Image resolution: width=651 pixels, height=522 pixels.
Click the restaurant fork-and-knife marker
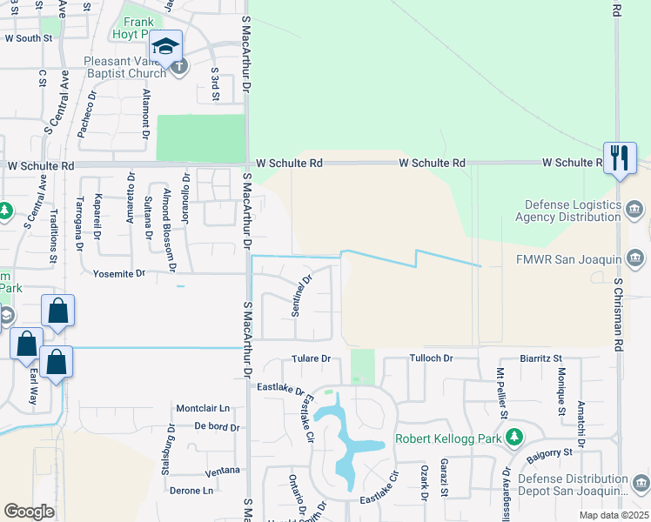[619, 158]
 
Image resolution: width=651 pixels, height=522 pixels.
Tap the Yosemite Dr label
[118, 273]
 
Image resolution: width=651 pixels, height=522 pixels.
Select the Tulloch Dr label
[432, 358]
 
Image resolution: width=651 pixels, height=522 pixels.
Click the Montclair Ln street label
[203, 408]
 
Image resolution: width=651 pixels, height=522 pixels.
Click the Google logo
[29, 512]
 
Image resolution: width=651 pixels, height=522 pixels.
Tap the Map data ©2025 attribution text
[613, 515]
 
